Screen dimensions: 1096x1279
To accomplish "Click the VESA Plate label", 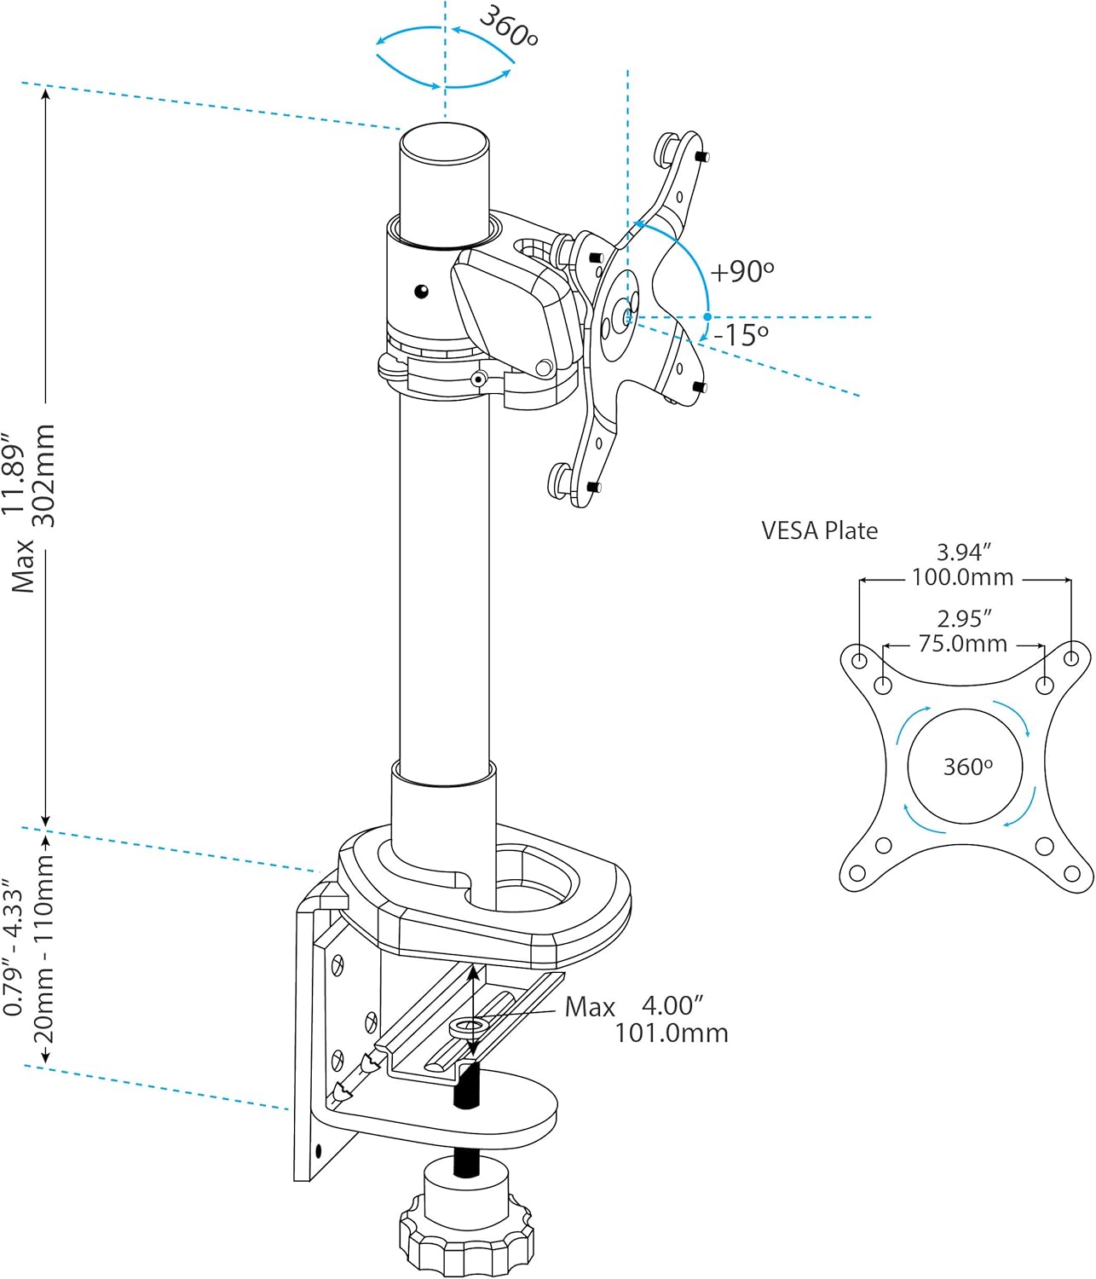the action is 819,531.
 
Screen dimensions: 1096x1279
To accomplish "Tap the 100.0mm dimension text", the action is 963,577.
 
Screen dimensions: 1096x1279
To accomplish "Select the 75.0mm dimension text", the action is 963,644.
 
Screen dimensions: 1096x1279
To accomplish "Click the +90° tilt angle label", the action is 742,271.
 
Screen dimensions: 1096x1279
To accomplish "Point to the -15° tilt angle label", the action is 741,335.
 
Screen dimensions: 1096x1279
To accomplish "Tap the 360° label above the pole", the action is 509,26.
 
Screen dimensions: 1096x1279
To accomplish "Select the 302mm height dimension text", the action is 43,476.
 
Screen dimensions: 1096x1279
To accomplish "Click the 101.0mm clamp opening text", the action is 671,1033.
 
